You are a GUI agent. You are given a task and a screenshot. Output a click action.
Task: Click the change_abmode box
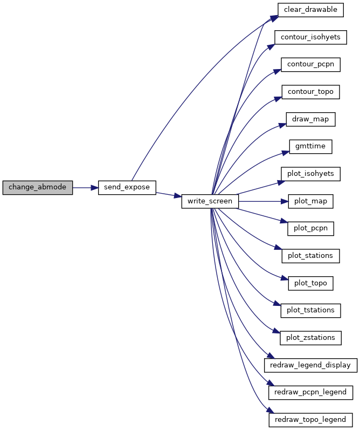tap(38, 188)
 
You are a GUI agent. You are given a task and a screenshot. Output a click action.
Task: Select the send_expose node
tap(127, 188)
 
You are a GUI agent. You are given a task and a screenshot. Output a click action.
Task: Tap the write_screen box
tap(210, 201)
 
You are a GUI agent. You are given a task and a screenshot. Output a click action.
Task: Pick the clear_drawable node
tap(310, 10)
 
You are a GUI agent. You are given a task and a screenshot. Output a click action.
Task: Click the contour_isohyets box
tap(310, 37)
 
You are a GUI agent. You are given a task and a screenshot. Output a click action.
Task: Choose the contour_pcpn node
tap(310, 65)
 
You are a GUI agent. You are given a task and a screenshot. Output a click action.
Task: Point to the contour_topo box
tap(310, 92)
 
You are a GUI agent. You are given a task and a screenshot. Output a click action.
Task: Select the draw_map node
tap(310, 119)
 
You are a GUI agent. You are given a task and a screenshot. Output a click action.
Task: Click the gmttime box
tap(310, 147)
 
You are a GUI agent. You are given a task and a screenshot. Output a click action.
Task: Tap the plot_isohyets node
tap(310, 174)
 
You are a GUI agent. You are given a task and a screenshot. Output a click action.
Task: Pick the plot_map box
tap(310, 201)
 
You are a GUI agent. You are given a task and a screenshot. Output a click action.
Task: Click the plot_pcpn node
tap(310, 228)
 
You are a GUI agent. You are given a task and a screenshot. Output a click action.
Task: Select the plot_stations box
tap(310, 256)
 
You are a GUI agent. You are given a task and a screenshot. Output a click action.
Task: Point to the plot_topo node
tap(310, 283)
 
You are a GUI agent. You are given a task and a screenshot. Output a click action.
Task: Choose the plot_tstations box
tap(310, 310)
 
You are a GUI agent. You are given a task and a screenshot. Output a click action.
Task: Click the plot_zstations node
tap(310, 338)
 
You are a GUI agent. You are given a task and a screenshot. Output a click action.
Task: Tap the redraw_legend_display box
tap(310, 365)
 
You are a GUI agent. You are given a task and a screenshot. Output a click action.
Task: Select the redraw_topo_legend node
tap(310, 420)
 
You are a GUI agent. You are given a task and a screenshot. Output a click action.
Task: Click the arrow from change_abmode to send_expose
tap(85, 188)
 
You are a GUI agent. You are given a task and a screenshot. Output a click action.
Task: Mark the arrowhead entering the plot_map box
tap(285, 201)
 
